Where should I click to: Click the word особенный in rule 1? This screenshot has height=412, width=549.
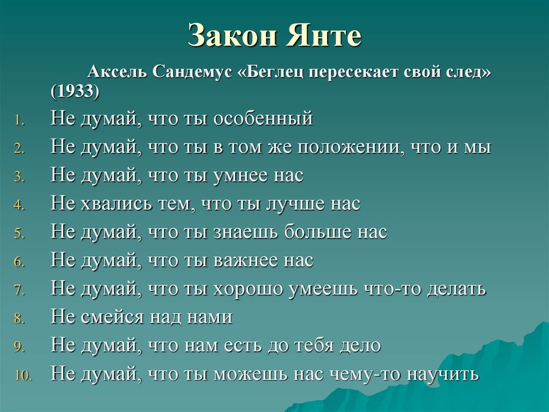click(x=263, y=118)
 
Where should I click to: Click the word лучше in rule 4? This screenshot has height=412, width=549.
click(x=299, y=204)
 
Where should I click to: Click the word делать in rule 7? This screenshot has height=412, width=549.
click(x=456, y=289)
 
